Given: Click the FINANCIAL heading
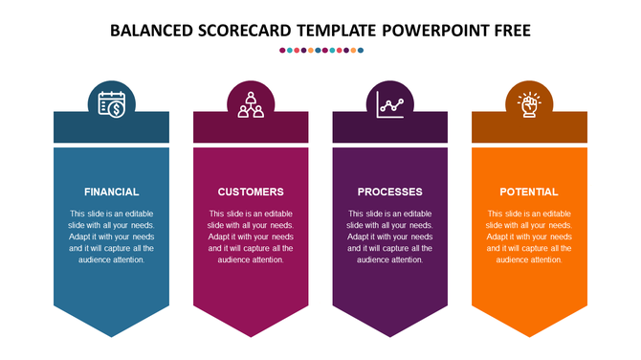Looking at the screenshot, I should (111, 191).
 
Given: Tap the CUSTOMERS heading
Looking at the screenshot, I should (251, 191).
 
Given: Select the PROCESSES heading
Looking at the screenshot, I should (389, 191).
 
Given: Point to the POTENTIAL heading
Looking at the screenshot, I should (529, 191).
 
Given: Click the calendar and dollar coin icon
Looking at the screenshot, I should (112, 102).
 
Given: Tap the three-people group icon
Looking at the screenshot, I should (251, 102).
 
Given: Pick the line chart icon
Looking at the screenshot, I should (390, 102).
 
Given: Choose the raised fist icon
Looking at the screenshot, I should (529, 102).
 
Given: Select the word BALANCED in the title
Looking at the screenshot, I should (152, 30).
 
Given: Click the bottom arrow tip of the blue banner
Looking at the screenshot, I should (112, 334).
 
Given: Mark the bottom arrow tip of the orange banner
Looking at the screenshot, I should (529, 334).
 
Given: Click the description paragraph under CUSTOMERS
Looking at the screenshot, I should (251, 236).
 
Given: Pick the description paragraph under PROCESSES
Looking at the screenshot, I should (389, 236).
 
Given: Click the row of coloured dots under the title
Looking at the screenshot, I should (320, 50).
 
